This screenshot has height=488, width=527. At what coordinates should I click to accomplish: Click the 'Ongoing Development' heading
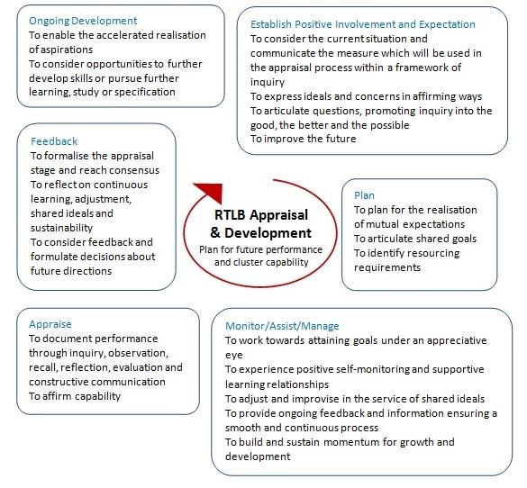point(83,21)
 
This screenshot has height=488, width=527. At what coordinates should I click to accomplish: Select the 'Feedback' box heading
point(54,141)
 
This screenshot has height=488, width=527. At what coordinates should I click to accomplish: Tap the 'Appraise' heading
point(50,324)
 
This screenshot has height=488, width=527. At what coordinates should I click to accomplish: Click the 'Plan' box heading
point(364,195)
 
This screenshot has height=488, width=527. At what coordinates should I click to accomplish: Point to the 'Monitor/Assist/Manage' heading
point(282,326)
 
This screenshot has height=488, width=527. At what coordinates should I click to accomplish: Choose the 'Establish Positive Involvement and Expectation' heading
point(363,24)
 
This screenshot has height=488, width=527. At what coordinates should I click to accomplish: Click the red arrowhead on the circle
point(211,192)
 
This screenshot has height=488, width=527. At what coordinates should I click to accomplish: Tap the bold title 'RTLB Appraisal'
point(261,215)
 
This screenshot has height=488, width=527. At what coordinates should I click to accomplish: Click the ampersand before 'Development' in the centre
point(215,233)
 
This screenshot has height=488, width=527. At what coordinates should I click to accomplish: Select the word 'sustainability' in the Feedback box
point(61,228)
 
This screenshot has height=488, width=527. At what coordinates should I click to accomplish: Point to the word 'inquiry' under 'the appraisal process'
point(268,82)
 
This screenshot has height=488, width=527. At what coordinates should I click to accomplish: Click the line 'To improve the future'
point(304,139)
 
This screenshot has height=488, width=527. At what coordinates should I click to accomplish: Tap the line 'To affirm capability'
point(75,396)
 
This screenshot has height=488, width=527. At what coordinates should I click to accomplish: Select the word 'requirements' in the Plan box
point(387,267)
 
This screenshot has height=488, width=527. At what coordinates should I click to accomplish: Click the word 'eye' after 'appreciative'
point(234,356)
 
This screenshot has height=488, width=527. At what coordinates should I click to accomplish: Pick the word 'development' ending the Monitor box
point(258,456)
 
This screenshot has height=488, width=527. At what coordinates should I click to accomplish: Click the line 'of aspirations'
point(61,50)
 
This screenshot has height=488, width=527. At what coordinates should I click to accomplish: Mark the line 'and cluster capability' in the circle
point(261,262)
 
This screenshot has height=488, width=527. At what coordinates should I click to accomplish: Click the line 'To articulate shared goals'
point(415,239)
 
